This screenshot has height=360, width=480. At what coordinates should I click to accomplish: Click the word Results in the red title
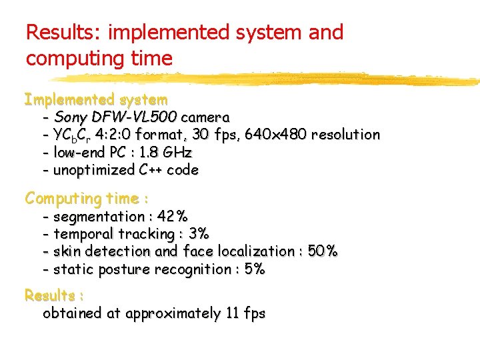coord(59,33)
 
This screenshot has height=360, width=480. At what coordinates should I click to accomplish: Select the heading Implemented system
coord(96,100)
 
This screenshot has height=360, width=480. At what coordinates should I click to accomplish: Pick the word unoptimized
coord(94,170)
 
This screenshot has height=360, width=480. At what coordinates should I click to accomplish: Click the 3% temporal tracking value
coord(199,234)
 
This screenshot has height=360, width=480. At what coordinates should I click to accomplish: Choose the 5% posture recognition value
coord(255,269)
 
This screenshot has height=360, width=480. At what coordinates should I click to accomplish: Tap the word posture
coord(124,269)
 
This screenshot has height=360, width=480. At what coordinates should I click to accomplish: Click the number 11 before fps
coord(231,313)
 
